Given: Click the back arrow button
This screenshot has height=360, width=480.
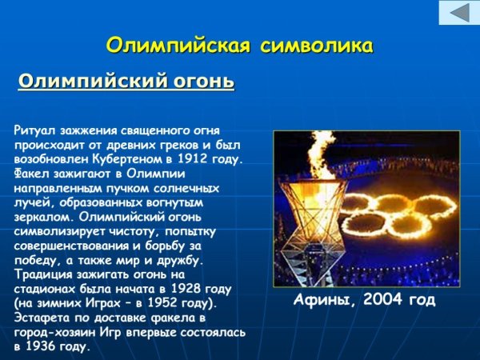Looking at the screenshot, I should tap(458, 14).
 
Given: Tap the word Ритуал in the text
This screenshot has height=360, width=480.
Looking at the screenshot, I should tap(35, 129).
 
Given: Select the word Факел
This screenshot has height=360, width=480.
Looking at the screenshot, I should tap(31, 173).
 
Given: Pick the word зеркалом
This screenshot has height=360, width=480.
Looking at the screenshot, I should tap(41, 217).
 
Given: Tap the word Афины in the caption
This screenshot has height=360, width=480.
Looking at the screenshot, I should tap(321, 300).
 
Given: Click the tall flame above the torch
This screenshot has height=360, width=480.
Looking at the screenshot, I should tap(323, 156).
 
